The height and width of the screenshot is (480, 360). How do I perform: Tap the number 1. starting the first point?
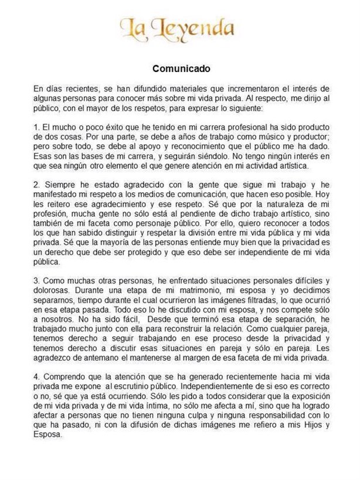pos(36,127)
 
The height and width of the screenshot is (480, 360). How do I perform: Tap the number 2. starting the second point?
pos(36,186)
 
